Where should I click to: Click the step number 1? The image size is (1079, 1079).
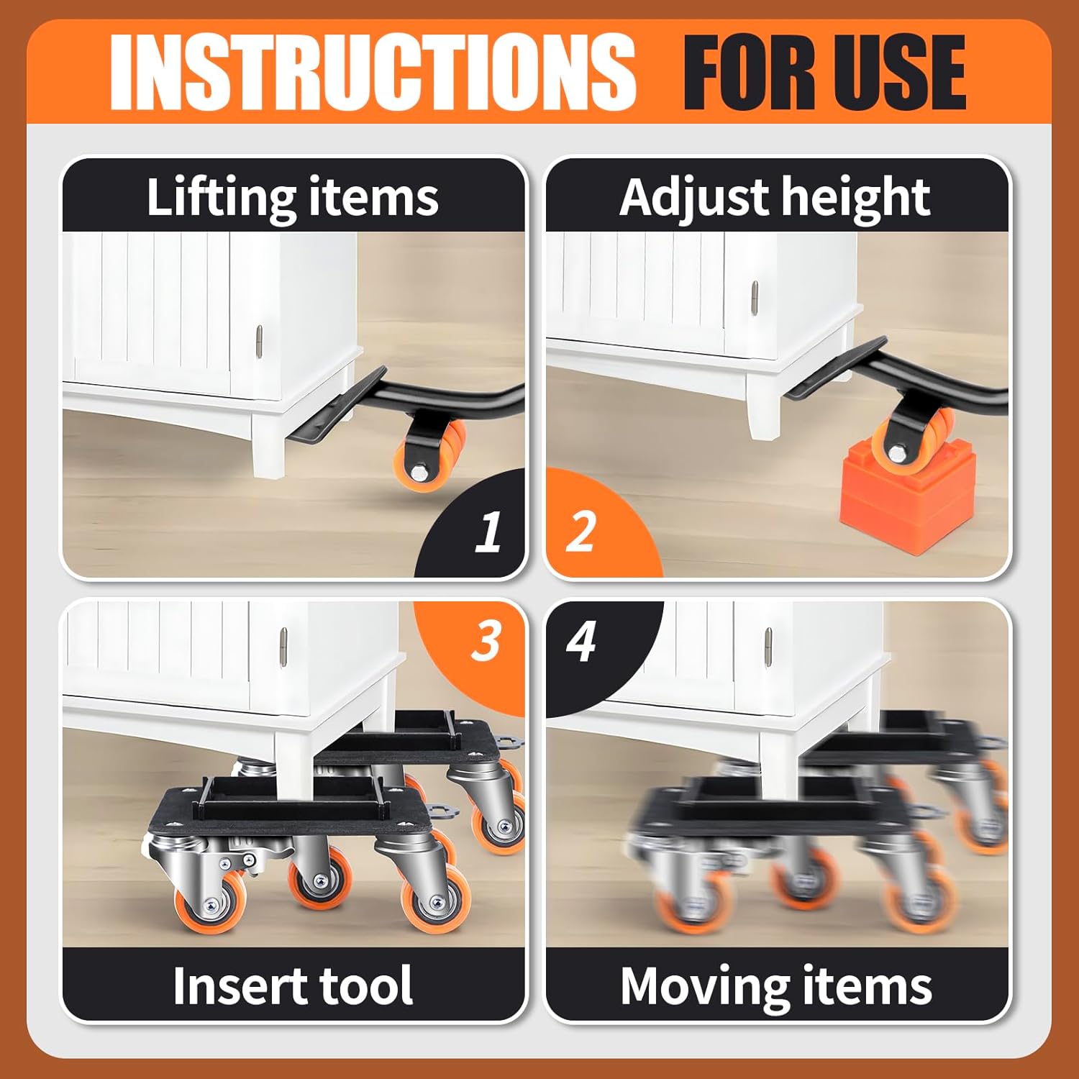488,532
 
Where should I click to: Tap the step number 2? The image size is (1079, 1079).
581,532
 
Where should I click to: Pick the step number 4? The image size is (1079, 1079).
581,640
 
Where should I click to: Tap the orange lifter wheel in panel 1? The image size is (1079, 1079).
432,457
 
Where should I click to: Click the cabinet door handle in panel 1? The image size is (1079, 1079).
259,340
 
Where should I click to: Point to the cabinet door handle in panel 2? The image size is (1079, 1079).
754,298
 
